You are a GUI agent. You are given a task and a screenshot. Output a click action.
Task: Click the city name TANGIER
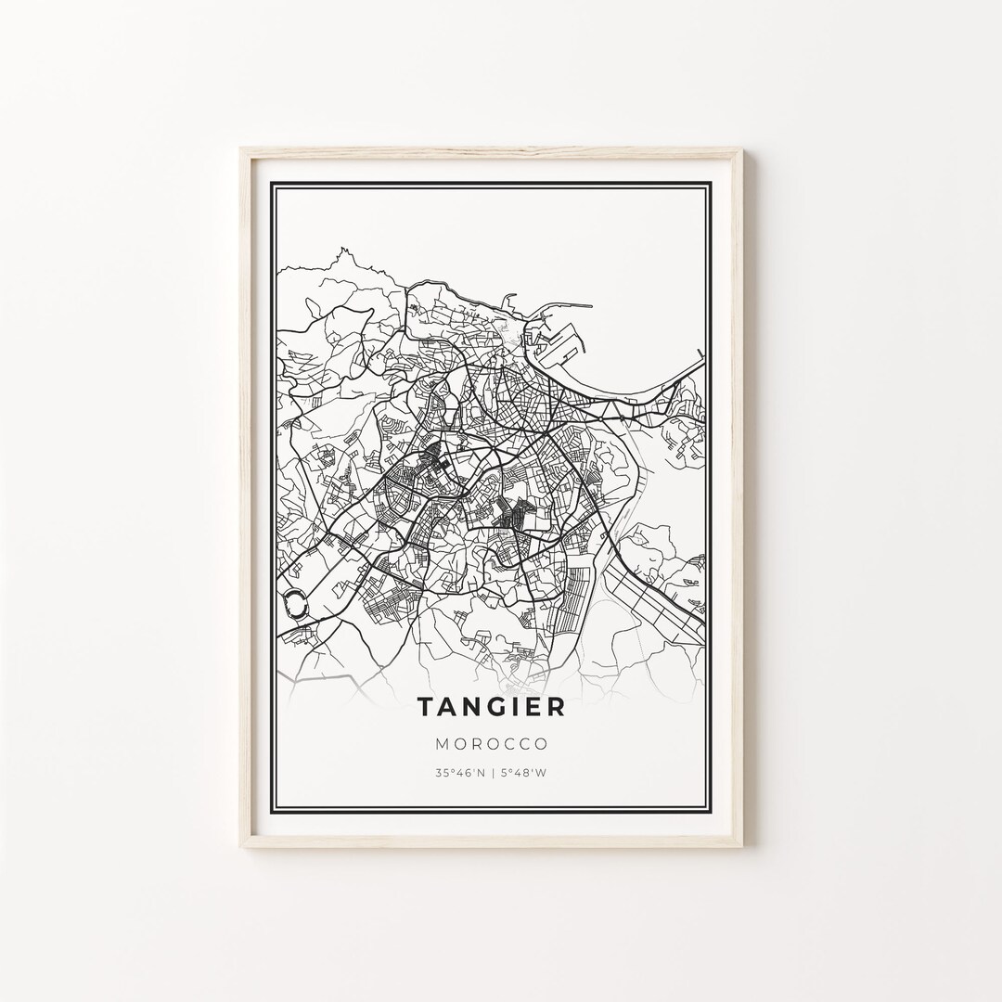click(x=491, y=707)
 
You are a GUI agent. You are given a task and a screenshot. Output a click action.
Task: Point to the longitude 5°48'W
click(x=524, y=772)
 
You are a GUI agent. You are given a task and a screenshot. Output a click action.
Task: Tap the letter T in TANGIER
click(x=424, y=707)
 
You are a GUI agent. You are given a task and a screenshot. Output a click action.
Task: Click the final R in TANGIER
click(x=556, y=707)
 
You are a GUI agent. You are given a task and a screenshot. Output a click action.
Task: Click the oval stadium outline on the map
click(x=297, y=604)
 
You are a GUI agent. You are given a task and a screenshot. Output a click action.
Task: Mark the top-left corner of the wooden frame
click(x=240, y=148)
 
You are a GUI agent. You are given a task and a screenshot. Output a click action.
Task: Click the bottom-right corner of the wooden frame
click(x=742, y=846)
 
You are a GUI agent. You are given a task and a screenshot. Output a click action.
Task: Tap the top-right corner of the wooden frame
click(x=742, y=148)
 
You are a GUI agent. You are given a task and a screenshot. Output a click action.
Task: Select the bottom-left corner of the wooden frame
click(x=240, y=846)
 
